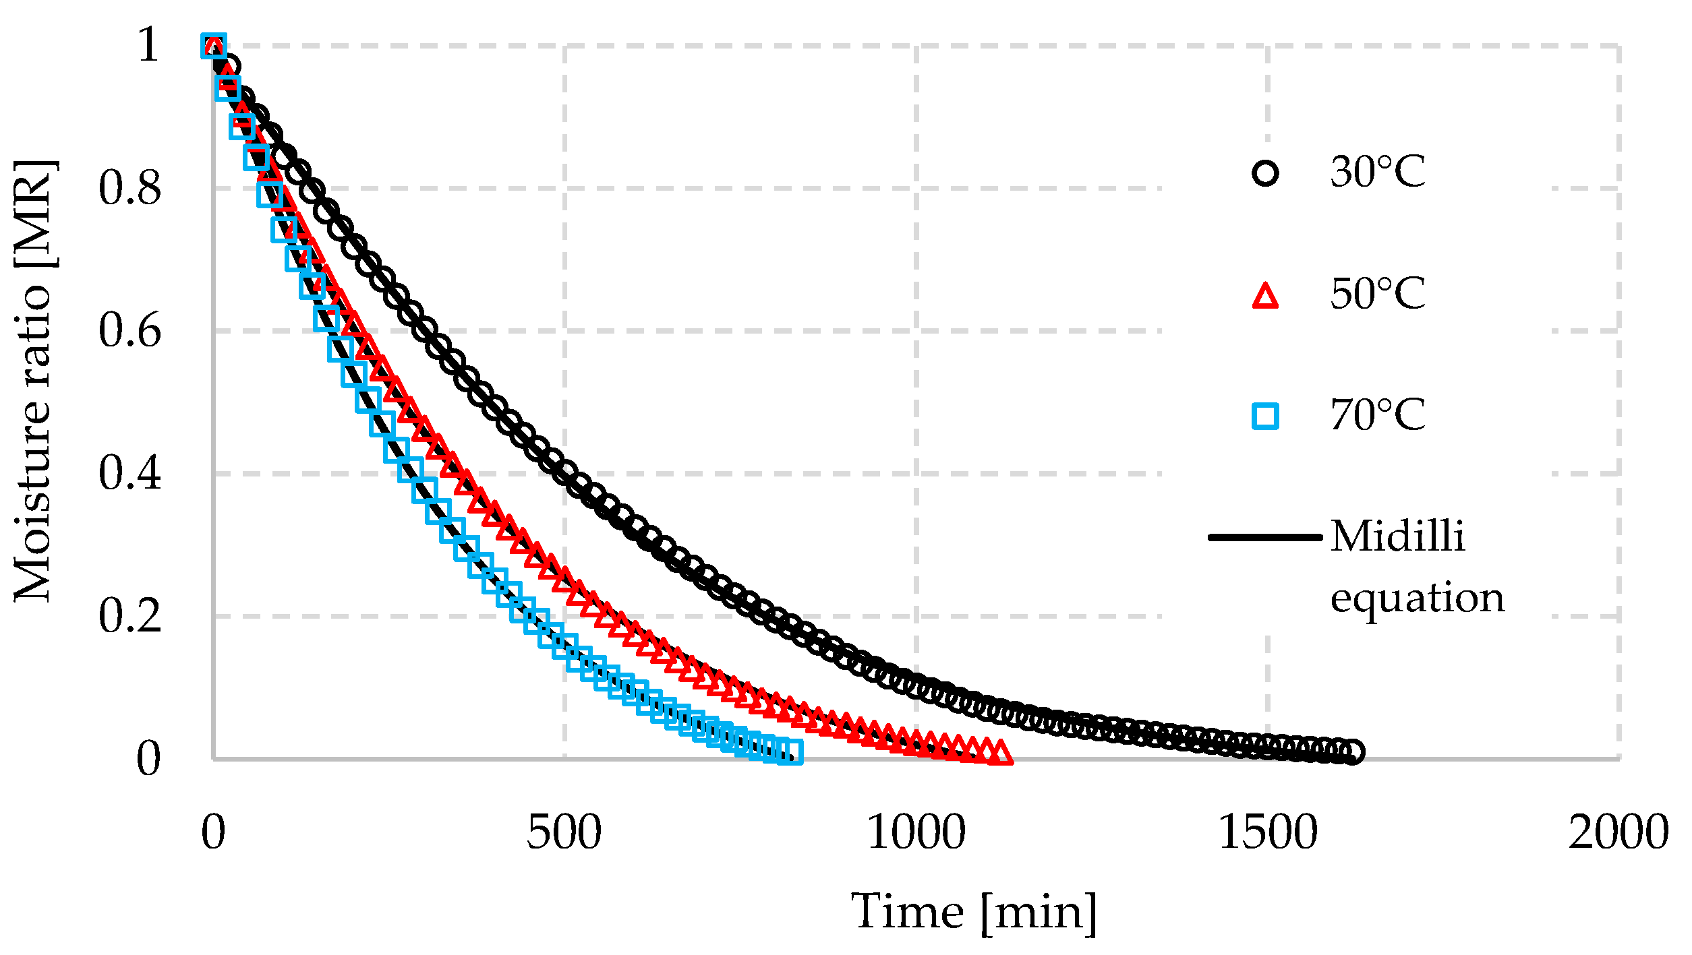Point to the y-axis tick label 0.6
pos(129,331)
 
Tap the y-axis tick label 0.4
pos(129,473)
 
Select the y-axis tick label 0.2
pos(129,615)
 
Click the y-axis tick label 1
pos(148,45)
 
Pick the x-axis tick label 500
pos(564,834)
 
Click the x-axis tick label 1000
pos(916,834)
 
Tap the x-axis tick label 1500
pos(1267,834)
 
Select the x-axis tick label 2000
pos(1618,834)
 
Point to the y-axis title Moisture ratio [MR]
pos(34,381)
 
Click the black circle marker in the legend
pos(1265,173)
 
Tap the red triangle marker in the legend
pos(1265,297)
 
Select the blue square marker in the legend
pos(1265,416)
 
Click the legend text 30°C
pos(1378,172)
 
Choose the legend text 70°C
pos(1378,414)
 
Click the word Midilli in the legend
pos(1397,537)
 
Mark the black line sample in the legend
pos(1265,537)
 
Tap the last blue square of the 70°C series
pos(791,751)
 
